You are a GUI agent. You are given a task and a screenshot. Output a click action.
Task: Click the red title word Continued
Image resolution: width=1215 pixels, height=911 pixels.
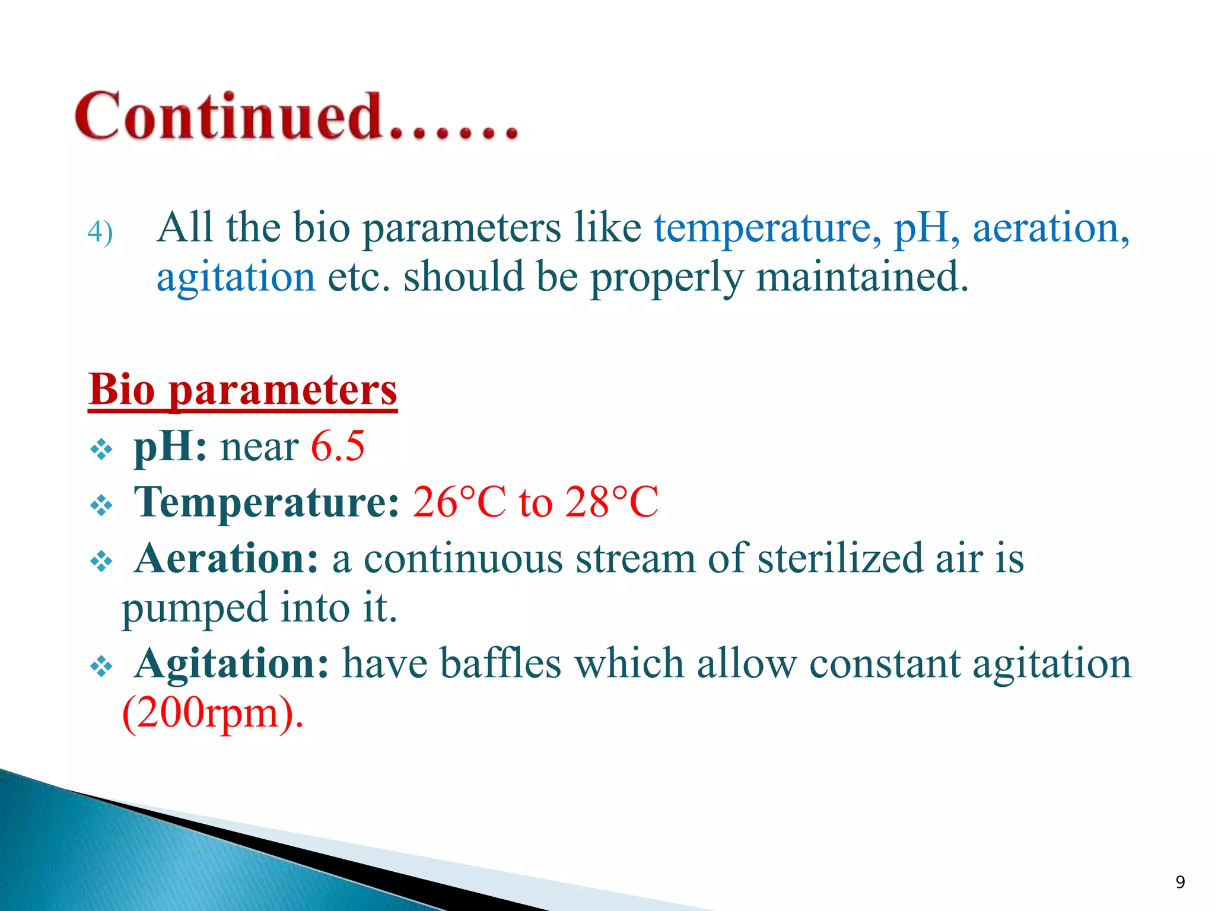pos(228,116)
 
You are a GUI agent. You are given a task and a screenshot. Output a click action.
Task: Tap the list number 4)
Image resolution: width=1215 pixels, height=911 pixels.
pos(100,232)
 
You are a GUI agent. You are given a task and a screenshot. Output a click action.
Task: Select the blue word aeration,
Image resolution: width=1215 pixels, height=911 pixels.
pos(1051,228)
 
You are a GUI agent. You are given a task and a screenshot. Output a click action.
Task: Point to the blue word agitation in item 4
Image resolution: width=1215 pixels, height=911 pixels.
pos(236,278)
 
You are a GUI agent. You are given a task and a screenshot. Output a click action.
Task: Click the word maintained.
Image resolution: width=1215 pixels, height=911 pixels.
pos(862,278)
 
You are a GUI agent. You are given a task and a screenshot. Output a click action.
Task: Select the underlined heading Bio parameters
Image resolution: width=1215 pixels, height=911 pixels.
pos(243,390)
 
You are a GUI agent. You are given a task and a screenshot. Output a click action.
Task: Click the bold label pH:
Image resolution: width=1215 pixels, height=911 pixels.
pos(170,447)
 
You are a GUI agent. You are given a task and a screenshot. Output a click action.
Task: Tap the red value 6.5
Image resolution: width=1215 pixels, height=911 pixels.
pos(338,447)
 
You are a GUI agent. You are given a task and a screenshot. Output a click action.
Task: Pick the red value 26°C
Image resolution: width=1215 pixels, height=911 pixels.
pos(459,502)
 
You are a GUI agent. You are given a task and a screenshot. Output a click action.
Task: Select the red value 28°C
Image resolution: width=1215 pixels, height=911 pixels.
pos(611,502)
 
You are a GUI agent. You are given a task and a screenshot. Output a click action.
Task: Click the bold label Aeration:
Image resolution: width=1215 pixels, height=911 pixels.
pos(227,559)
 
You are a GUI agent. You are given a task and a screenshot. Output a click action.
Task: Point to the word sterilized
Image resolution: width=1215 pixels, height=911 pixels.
pos(840,559)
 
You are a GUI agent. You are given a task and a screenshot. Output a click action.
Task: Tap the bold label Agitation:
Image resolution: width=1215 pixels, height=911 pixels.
pos(231,663)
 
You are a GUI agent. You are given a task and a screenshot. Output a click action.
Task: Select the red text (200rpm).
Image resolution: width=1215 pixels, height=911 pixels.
pos(212,713)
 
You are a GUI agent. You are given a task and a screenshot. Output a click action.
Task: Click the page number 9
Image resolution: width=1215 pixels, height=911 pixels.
pos(1180,882)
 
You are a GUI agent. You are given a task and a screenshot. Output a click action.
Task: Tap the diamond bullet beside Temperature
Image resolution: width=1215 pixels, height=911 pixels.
pos(101,506)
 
